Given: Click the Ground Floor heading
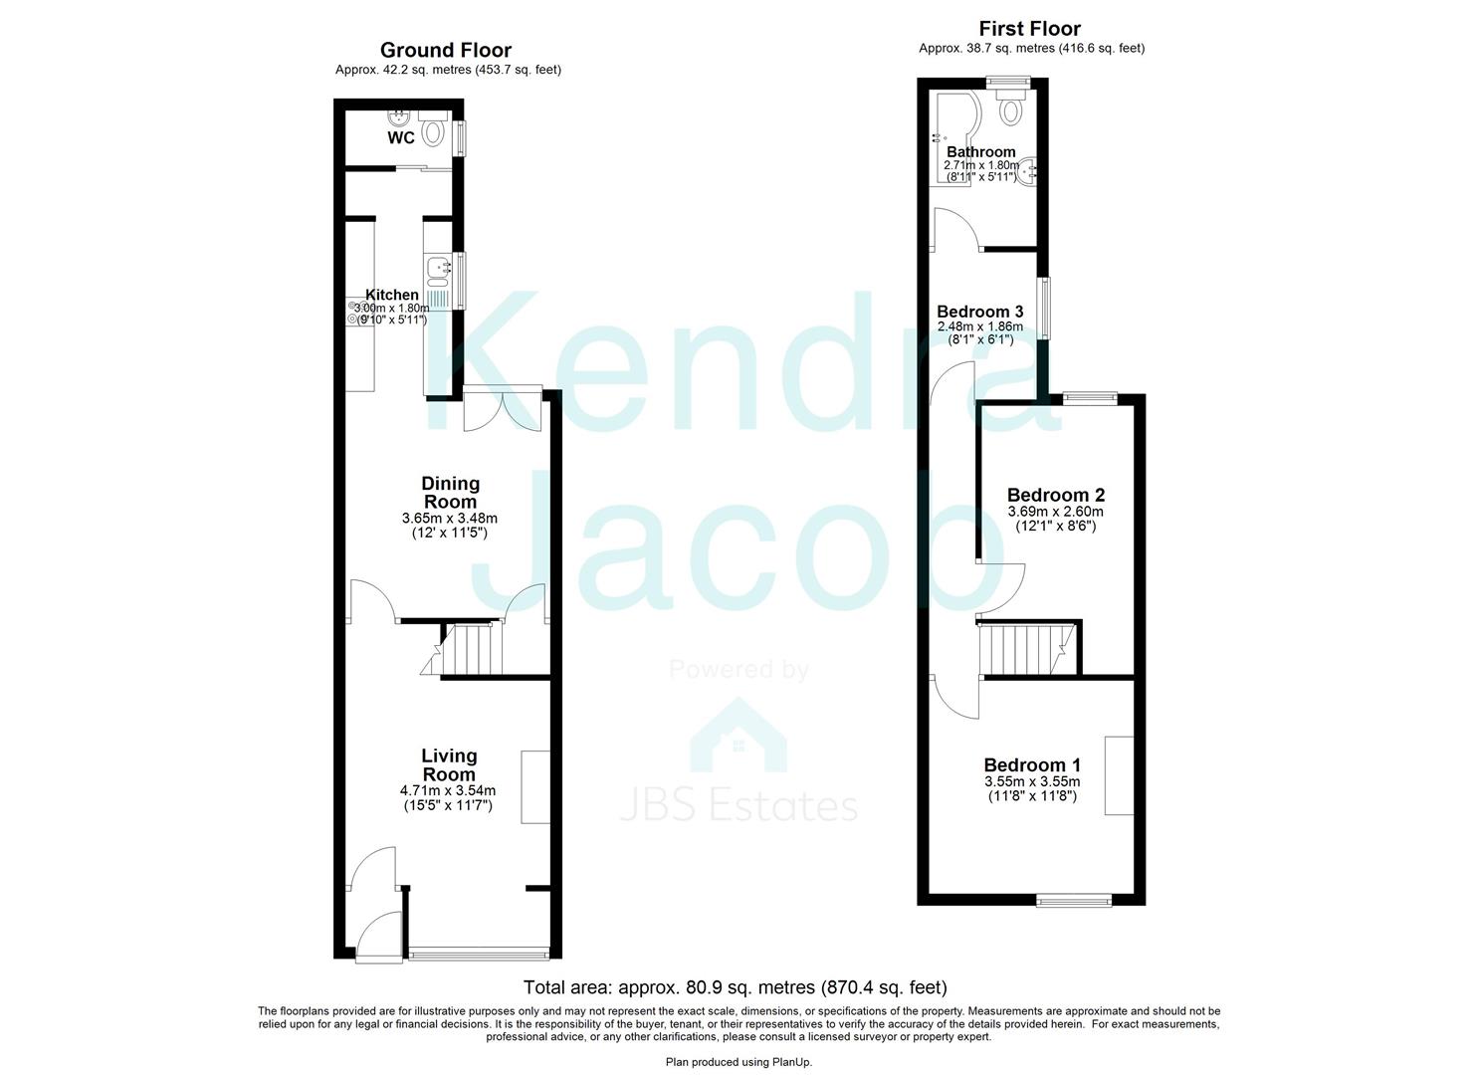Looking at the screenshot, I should pyautogui.click(x=446, y=50).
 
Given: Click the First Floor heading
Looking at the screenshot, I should pyautogui.click(x=1029, y=29).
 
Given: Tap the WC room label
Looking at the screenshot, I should pyautogui.click(x=401, y=138).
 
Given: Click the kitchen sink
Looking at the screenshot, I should pyautogui.click(x=438, y=267).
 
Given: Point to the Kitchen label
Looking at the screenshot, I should pyautogui.click(x=392, y=295).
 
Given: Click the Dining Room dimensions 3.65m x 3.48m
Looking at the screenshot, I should pyautogui.click(x=450, y=519).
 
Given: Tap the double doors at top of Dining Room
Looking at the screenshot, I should pyautogui.click(x=503, y=408).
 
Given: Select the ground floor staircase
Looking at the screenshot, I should pyautogui.click(x=471, y=649).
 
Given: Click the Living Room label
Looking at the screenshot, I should pyautogui.click(x=449, y=765).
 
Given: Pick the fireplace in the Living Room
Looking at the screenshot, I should pyautogui.click(x=535, y=786).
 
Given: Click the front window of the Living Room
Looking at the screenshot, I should pyautogui.click(x=479, y=955).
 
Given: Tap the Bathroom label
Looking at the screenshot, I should pyautogui.click(x=980, y=152).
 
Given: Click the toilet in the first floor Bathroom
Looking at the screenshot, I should pyautogui.click(x=1011, y=109).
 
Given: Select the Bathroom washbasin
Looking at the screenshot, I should pyautogui.click(x=1029, y=171).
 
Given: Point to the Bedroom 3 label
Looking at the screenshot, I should pyautogui.click(x=979, y=312).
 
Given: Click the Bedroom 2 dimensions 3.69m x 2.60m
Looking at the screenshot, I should pyautogui.click(x=1056, y=512).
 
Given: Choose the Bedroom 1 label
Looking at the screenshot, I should pyautogui.click(x=1032, y=764).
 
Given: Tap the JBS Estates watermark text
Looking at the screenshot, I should pyautogui.click(x=739, y=805).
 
